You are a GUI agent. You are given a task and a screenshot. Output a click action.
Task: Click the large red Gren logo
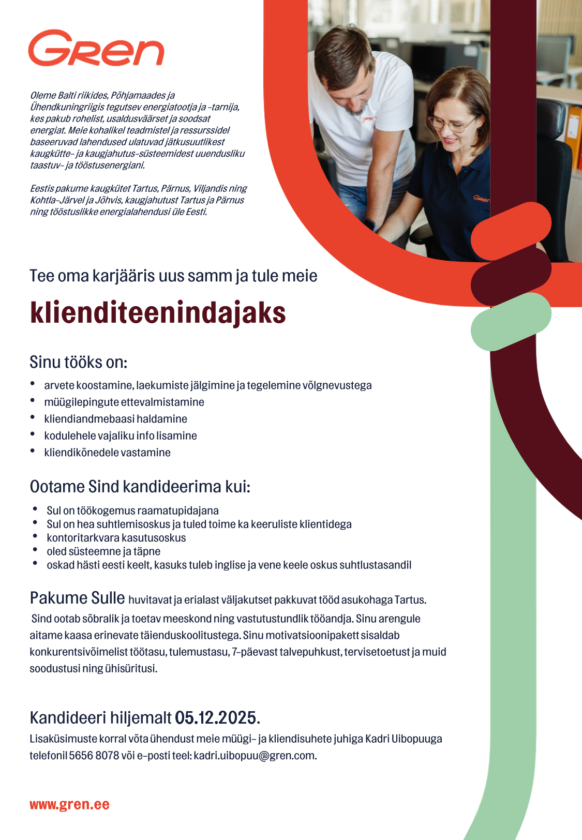click(x=96, y=49)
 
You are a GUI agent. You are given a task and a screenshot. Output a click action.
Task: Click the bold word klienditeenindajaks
click(x=158, y=313)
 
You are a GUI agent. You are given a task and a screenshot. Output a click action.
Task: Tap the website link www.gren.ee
click(x=69, y=805)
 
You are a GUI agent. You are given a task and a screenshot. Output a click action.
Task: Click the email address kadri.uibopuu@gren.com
click(x=254, y=756)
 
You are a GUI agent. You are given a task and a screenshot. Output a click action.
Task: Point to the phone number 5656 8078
click(x=94, y=756)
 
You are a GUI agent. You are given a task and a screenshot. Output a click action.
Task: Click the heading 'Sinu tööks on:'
click(x=78, y=362)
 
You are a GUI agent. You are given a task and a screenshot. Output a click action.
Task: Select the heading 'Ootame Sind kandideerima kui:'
click(x=140, y=487)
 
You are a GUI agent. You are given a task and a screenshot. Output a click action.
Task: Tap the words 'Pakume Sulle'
click(x=77, y=598)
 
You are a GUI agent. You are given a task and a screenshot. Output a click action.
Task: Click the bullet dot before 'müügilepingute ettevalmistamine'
click(x=33, y=401)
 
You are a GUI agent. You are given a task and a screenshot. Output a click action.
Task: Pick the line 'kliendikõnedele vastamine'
click(x=107, y=453)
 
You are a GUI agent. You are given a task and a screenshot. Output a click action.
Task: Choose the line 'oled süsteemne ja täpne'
click(x=103, y=551)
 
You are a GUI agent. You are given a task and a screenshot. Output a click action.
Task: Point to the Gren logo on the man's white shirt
click(x=368, y=119)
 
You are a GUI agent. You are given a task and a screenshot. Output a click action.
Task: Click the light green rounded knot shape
click(x=510, y=322)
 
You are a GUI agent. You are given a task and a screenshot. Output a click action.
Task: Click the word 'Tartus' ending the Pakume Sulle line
click(x=409, y=600)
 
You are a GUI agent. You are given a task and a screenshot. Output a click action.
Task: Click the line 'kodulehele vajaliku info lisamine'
click(x=121, y=436)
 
